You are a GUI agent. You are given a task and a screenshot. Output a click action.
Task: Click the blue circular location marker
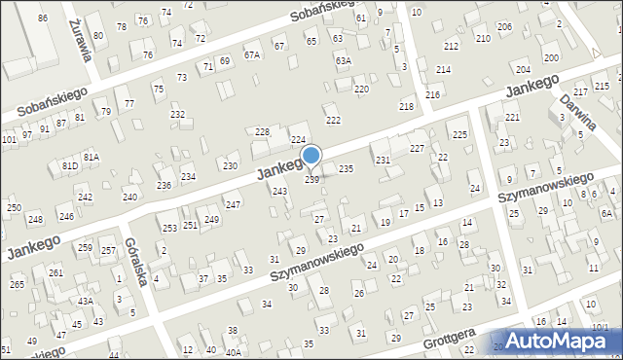pos(311,155)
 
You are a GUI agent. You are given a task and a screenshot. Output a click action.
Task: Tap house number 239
pos(311,180)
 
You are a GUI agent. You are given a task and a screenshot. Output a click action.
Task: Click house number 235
pos(346,169)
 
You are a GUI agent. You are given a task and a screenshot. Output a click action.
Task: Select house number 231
pos(383,160)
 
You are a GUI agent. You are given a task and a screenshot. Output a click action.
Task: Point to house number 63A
pos(343,60)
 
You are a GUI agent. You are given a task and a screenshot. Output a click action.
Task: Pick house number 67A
pos(252,55)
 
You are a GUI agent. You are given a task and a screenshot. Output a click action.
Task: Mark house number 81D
pos(70,165)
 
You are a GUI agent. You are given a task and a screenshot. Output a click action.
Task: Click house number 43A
pos(86,302)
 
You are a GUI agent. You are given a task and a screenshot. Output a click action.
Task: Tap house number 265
pos(17,284)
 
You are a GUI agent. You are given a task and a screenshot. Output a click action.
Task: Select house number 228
pos(261,131)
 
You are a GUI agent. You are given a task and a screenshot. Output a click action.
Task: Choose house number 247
pos(233,204)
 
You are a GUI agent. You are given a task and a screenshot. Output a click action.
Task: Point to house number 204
pos(523,70)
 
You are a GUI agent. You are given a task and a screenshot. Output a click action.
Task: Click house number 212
pos(451,47)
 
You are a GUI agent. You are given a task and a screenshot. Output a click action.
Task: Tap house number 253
pos(169,228)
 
